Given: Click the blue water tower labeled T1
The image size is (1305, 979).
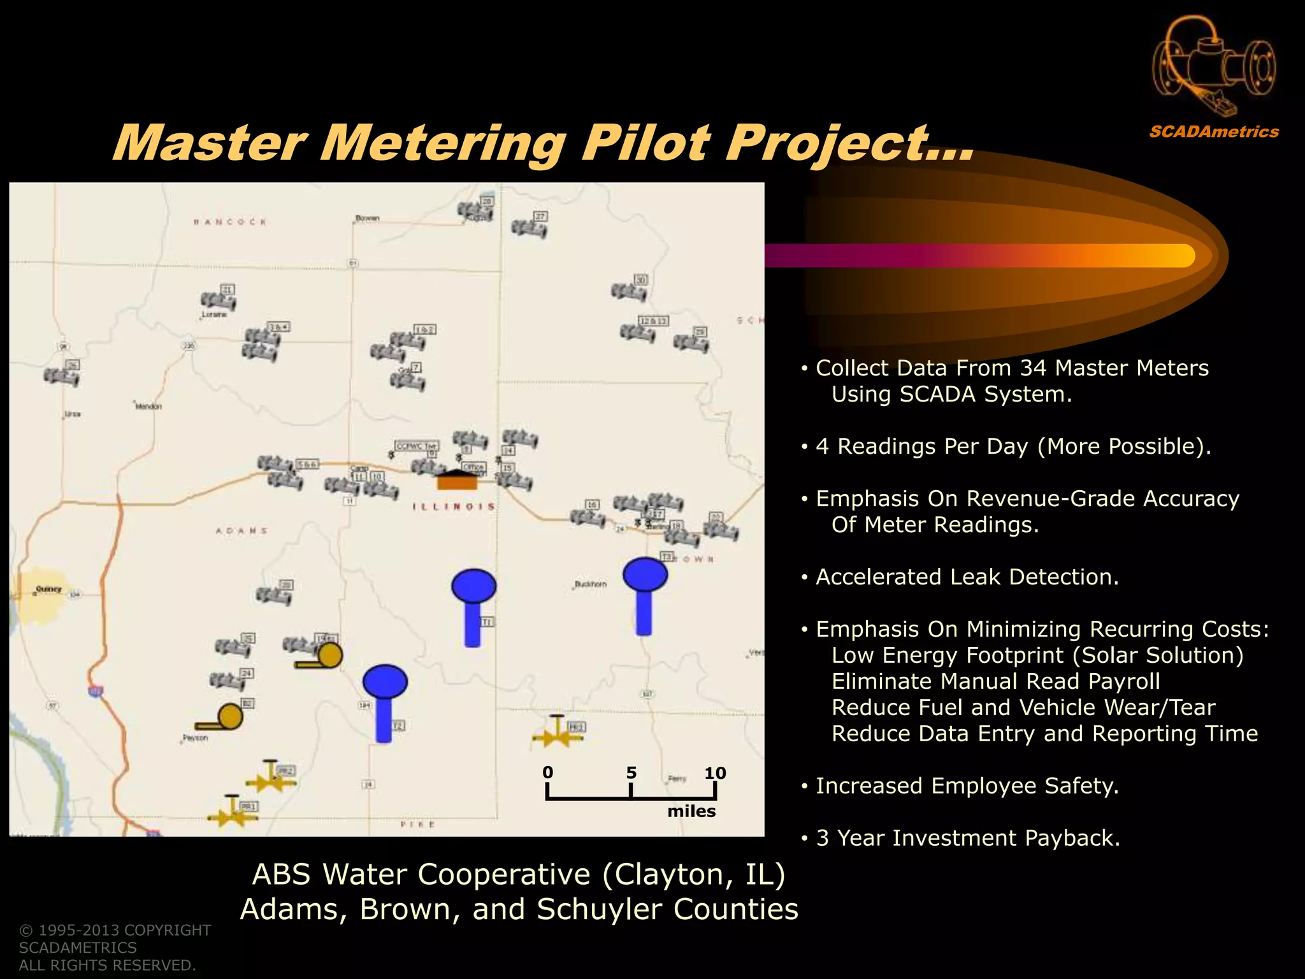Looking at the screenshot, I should [x=473, y=606].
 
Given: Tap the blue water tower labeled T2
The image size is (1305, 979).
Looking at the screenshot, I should [x=384, y=701].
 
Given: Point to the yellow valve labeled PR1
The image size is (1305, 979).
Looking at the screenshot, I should [x=231, y=813].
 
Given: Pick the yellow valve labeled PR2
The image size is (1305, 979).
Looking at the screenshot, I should [x=271, y=778].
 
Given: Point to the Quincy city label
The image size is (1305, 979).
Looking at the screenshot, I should [x=49, y=589].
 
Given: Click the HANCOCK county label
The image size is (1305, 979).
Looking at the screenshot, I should [x=230, y=222].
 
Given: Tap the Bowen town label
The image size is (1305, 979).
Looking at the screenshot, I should [x=368, y=218].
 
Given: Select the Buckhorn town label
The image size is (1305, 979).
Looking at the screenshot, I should [x=591, y=584].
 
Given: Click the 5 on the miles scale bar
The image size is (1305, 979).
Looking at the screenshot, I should [x=631, y=772].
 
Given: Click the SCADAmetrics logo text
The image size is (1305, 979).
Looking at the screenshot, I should [x=1214, y=132].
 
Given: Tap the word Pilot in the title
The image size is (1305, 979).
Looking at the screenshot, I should [x=645, y=143].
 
